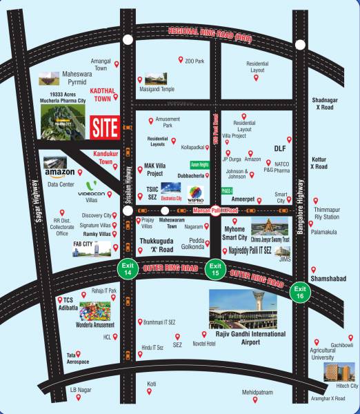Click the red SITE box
105,126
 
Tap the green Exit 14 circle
127,270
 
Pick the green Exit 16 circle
299,291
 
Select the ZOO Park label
195,61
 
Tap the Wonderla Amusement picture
97,314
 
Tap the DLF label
279,148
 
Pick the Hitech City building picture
341,371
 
